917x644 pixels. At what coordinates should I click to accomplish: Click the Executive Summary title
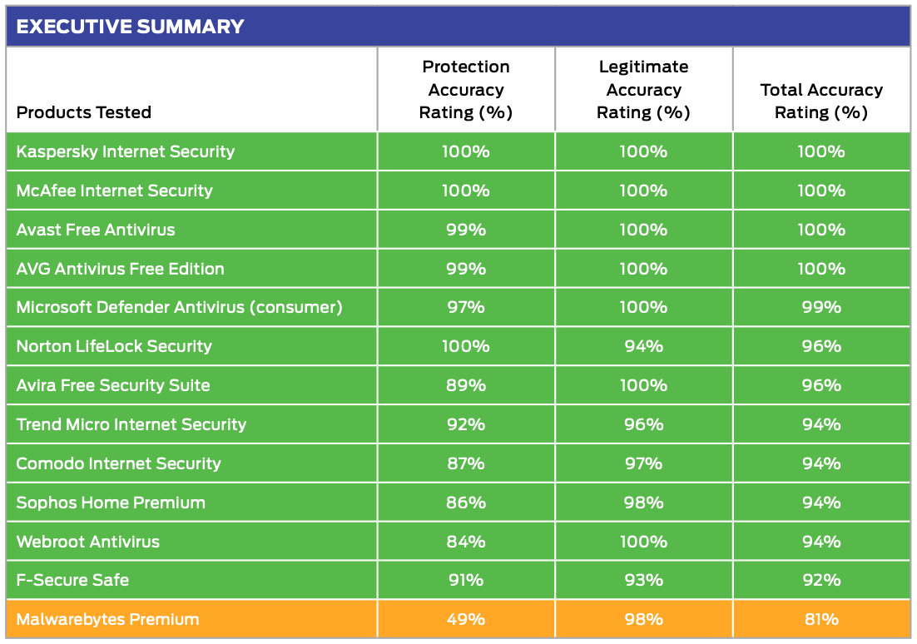130,27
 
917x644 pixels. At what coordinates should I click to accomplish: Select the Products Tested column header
84,112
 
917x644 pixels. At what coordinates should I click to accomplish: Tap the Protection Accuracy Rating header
466,90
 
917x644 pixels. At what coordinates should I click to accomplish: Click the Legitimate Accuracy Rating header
643,90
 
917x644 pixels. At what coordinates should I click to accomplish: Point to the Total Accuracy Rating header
821,101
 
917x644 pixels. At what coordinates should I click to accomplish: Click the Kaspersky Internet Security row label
126,151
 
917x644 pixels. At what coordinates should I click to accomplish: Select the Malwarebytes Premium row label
108,619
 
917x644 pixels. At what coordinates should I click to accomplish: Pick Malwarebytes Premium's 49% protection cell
466,619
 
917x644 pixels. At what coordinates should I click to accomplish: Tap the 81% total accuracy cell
821,619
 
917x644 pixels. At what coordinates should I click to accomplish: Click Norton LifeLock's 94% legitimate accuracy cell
643,346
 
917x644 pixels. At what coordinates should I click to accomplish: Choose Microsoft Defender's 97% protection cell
466,307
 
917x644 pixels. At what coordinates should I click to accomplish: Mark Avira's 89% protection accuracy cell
466,385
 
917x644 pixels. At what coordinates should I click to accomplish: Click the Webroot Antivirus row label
88,542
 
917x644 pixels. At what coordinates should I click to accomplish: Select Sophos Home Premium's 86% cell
466,503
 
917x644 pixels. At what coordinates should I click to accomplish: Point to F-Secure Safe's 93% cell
643,580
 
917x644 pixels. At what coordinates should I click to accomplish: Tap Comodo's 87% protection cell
466,463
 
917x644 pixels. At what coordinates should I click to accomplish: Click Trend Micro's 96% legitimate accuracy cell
643,424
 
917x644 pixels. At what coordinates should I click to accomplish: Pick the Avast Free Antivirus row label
96,230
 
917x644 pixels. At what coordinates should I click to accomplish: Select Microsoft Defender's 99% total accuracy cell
821,307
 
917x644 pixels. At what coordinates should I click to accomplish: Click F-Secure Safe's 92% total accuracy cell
821,580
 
